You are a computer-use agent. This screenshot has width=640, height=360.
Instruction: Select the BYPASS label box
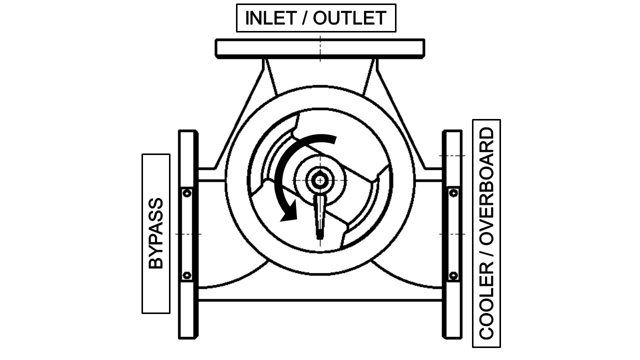[x=156, y=233]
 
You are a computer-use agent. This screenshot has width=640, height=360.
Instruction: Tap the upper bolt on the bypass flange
[x=187, y=193]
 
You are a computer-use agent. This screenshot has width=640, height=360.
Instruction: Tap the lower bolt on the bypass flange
[x=187, y=275]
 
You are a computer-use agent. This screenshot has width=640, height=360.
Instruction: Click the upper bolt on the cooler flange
[x=453, y=193]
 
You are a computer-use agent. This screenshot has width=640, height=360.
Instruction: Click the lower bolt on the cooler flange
[x=453, y=275]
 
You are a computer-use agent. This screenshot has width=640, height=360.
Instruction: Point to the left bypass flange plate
[x=188, y=234]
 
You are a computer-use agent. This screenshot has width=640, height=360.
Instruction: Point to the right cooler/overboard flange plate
[x=452, y=234]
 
